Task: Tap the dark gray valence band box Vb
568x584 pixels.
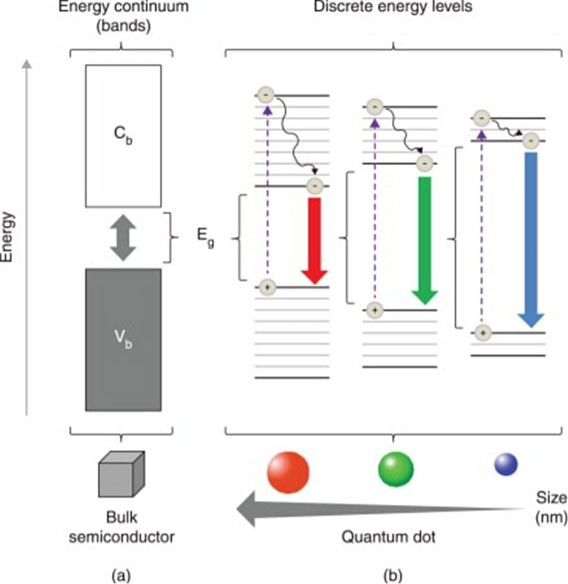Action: tap(123, 339)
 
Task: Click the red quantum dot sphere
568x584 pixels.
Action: tap(288, 472)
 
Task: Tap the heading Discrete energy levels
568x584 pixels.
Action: tap(393, 8)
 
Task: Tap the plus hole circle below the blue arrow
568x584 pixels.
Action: tap(483, 333)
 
